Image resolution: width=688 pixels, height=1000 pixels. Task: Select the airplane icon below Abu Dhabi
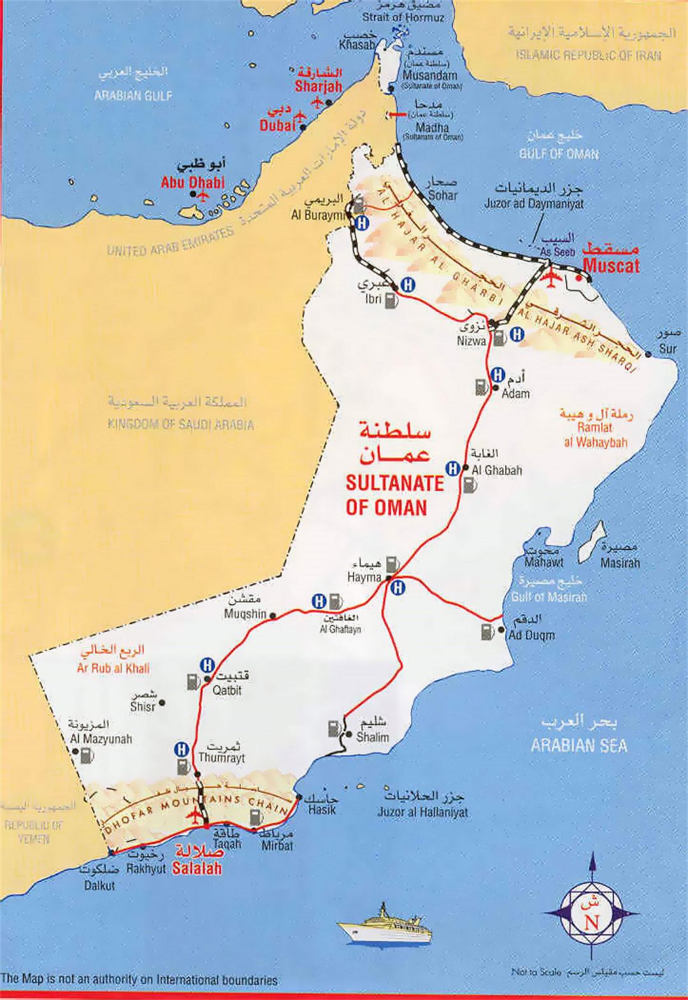click(x=203, y=194)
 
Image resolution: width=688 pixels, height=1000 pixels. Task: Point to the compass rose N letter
click(x=592, y=922)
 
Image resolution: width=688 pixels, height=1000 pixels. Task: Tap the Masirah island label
click(x=620, y=563)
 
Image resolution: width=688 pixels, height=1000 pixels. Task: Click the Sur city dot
click(x=648, y=355)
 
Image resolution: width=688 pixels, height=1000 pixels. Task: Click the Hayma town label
click(x=364, y=578)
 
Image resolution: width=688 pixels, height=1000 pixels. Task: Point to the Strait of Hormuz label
click(x=402, y=18)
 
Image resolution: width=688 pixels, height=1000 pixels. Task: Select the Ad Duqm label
click(x=531, y=635)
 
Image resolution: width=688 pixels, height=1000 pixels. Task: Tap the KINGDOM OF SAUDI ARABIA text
click(x=180, y=425)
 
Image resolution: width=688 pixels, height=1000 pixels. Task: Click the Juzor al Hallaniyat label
click(x=422, y=812)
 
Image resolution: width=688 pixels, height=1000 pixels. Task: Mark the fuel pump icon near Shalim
click(x=333, y=727)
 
